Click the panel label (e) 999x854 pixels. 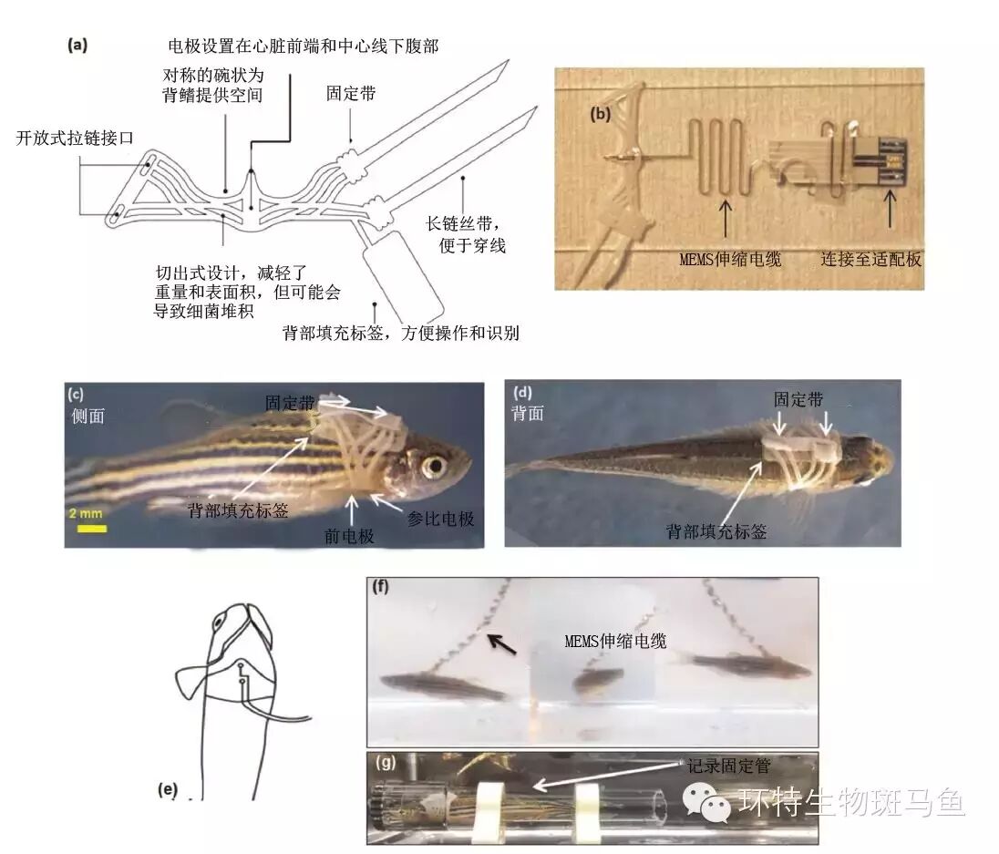pos(167,789)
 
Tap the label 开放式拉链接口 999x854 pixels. pos(76,139)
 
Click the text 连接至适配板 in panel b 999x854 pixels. pos(870,259)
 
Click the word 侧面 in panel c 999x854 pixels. pos(88,415)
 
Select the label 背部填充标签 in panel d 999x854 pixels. pos(716,530)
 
